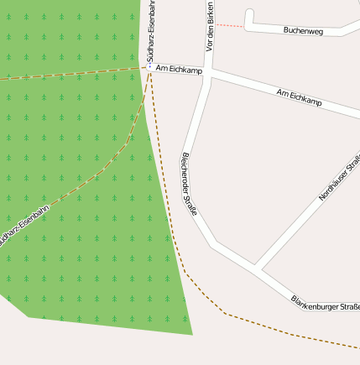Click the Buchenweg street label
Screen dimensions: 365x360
click(303, 30)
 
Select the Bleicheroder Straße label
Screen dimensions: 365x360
click(189, 183)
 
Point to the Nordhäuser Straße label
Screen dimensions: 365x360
click(340, 177)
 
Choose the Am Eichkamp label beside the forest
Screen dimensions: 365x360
click(180, 68)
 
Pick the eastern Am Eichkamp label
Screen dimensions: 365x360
click(299, 96)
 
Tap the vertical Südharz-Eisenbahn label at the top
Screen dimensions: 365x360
click(151, 30)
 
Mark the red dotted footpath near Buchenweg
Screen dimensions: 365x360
click(229, 26)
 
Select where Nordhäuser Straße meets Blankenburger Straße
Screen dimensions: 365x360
click(258, 269)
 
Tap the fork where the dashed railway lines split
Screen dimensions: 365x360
click(149, 72)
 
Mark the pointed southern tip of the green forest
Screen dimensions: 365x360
click(192, 333)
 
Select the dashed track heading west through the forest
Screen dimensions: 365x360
click(67, 75)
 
